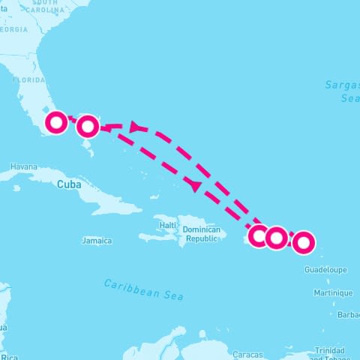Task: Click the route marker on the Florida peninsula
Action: (x=57, y=122)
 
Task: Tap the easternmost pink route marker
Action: (x=303, y=242)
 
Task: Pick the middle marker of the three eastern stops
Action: (x=277, y=238)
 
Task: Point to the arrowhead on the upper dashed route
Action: (x=136, y=127)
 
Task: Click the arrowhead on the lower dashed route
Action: (x=196, y=184)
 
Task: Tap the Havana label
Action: (x=23, y=166)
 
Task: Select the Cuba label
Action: (x=68, y=182)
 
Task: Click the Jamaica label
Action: (x=97, y=241)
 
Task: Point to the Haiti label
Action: (x=167, y=225)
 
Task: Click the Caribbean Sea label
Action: (x=143, y=289)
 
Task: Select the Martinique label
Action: (x=333, y=292)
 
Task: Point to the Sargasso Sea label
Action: (x=342, y=91)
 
